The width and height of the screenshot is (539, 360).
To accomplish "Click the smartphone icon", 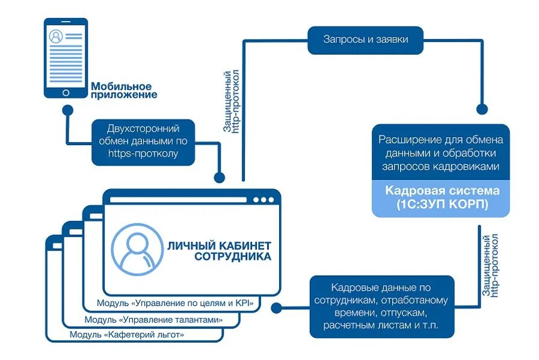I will coord(65,58).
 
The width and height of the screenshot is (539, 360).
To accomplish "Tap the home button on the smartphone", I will coord(66,93).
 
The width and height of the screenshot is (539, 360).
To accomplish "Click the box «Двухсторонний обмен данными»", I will coord(143,142).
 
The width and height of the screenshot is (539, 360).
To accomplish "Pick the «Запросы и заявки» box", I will coord(365,40).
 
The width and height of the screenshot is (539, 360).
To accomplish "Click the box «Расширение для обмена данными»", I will coord(440,152).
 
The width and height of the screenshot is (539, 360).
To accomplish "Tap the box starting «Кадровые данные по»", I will coord(381,306).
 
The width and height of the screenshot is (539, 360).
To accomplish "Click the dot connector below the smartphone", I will coord(68,111).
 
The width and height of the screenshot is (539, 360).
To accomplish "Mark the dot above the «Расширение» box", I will coord(481,109).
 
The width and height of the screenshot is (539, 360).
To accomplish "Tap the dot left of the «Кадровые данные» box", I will coord(277,307).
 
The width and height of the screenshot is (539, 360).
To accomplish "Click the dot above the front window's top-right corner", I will coord(220,178).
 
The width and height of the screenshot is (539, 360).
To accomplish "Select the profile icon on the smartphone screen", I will coord(56,36).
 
